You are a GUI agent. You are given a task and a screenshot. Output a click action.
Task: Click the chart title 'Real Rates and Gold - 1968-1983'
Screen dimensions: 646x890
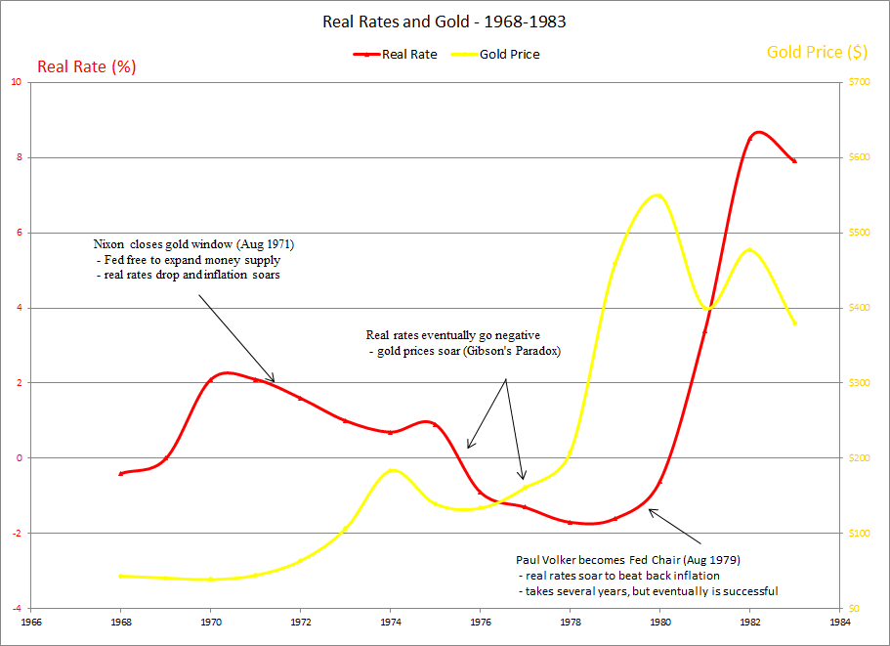[x=445, y=21]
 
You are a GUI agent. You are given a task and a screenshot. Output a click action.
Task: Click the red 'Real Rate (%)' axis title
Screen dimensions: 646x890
[x=86, y=67]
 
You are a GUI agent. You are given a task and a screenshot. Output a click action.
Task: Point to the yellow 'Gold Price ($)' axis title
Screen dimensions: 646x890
[x=817, y=52]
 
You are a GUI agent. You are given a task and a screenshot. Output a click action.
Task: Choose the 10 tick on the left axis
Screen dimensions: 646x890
[x=16, y=82]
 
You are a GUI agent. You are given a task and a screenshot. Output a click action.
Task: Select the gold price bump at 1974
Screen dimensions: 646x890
[x=392, y=470]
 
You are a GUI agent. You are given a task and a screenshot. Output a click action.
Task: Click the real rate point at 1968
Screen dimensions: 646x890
[x=120, y=473]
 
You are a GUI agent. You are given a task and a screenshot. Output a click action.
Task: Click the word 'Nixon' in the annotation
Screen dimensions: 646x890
[x=109, y=243]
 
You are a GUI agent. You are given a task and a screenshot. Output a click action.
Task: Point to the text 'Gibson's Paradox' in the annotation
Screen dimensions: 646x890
[x=513, y=351]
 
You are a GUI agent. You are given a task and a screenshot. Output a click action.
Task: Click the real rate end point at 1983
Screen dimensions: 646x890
[x=795, y=161]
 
